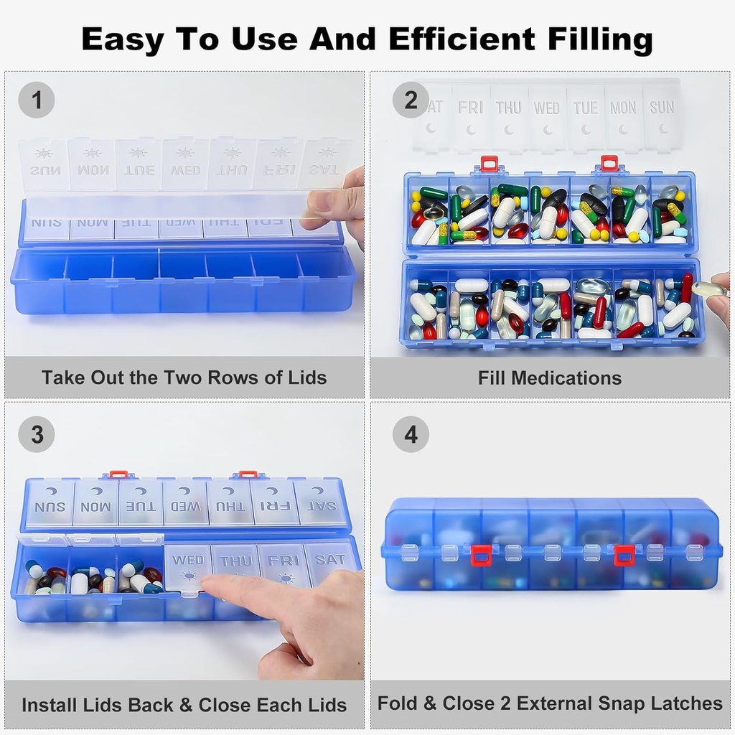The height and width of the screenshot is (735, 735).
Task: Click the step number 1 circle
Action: point(36,100)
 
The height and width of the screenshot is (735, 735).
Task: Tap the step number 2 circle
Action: point(411,100)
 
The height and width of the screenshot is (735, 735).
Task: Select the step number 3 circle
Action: point(36,434)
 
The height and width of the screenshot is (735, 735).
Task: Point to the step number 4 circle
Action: point(411,434)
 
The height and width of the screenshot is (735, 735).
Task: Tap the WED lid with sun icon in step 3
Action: point(188,567)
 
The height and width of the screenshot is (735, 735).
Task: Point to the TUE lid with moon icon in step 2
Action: point(585,116)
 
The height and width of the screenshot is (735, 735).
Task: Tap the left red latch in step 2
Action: point(489,164)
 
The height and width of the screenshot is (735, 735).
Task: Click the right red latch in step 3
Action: point(248,474)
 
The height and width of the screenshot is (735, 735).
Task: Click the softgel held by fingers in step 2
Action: point(708,289)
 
